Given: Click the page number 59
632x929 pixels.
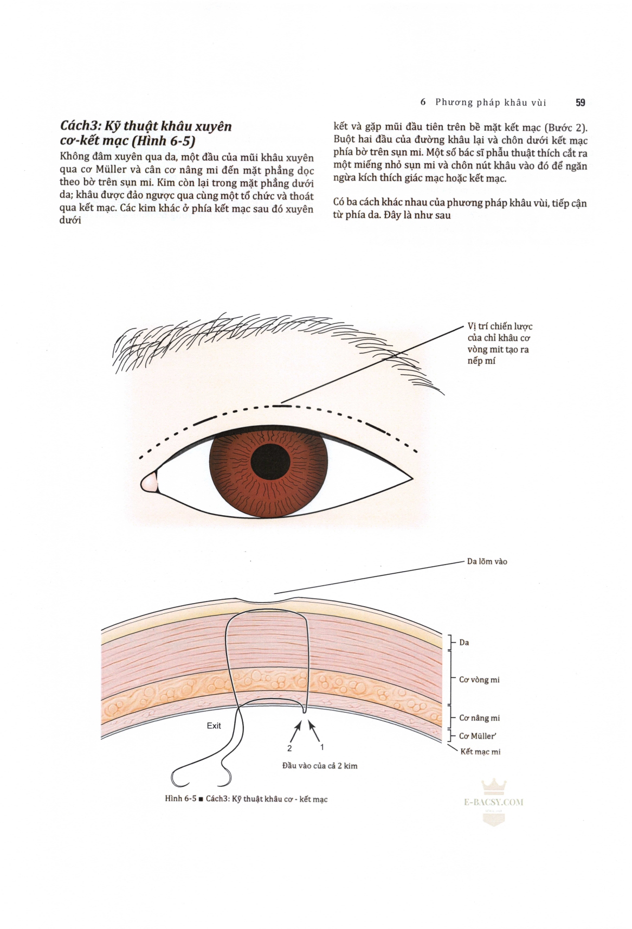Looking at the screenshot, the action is pyautogui.click(x=580, y=102).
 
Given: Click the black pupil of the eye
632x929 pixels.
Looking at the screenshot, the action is pyautogui.click(x=270, y=460).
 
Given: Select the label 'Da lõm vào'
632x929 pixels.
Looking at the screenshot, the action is pyautogui.click(x=487, y=561).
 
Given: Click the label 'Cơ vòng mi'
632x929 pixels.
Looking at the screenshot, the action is pyautogui.click(x=479, y=680).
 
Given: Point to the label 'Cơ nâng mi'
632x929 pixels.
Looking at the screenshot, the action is pyautogui.click(x=479, y=718).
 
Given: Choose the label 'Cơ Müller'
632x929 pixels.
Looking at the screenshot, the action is pyautogui.click(x=478, y=736).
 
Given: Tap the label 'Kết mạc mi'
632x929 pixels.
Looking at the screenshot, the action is pyautogui.click(x=480, y=752).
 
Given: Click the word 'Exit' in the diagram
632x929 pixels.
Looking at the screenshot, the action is pyautogui.click(x=214, y=726).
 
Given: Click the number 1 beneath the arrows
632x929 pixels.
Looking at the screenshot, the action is pyautogui.click(x=322, y=747).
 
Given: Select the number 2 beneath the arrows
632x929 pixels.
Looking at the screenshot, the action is pyautogui.click(x=289, y=748).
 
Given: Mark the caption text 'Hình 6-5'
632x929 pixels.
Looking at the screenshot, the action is pyautogui.click(x=180, y=799).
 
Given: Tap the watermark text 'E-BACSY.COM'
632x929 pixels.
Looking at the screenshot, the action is pyautogui.click(x=494, y=802).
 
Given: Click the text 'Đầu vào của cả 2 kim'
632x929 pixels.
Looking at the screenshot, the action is pyautogui.click(x=319, y=766).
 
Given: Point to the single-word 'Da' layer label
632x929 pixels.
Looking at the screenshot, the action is pyautogui.click(x=464, y=643).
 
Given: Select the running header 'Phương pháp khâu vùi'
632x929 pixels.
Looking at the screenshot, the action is pyautogui.click(x=491, y=102).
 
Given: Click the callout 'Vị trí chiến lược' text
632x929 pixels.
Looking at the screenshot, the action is pyautogui.click(x=500, y=326).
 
